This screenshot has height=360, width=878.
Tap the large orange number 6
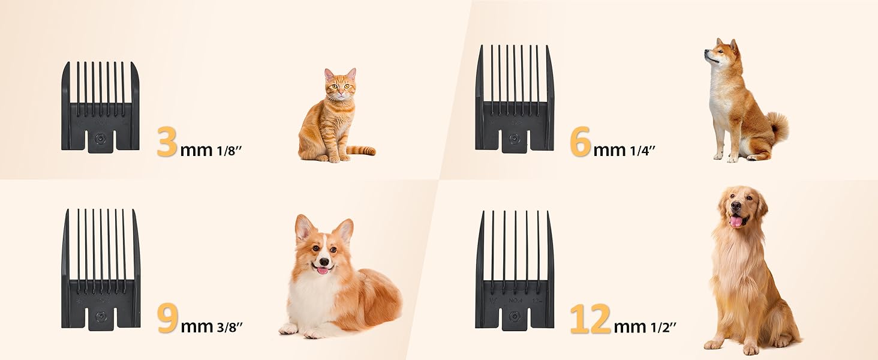(x=580, y=142)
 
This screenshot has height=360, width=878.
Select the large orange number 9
(x=167, y=319)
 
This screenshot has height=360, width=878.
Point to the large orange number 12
(x=591, y=319)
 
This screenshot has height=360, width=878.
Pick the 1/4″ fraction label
(x=642, y=150)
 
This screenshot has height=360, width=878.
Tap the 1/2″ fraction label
(x=663, y=327)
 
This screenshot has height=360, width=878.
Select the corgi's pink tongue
(x=323, y=271)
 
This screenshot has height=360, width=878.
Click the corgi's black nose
(x=323, y=262)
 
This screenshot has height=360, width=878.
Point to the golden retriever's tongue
(x=736, y=221)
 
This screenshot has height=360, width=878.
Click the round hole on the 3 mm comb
(x=100, y=139)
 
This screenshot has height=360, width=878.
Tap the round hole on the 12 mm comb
(x=514, y=316)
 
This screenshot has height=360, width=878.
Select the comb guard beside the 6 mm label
(x=515, y=99)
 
